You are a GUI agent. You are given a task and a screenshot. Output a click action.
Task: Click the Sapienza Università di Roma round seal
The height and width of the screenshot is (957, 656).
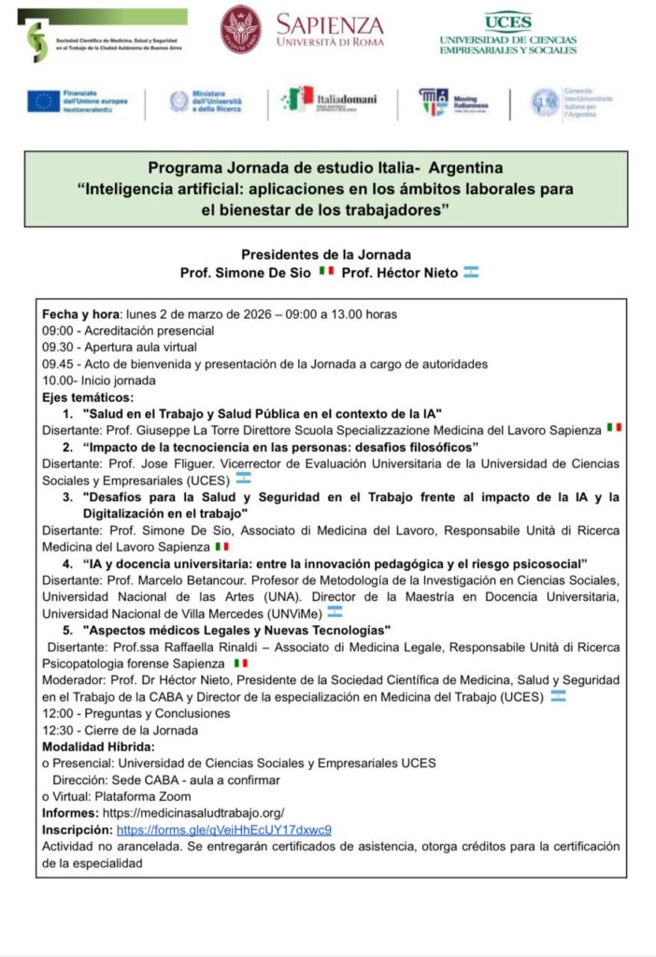(x=241, y=29)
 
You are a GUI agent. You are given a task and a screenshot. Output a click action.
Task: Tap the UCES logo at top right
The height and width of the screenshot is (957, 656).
(x=507, y=33)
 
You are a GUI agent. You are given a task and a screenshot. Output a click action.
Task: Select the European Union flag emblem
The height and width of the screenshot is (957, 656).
(x=43, y=101)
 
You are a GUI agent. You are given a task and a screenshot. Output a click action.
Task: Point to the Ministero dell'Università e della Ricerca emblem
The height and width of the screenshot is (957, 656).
(x=179, y=102)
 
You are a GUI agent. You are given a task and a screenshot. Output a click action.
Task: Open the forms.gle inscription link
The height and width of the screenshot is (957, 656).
(x=224, y=829)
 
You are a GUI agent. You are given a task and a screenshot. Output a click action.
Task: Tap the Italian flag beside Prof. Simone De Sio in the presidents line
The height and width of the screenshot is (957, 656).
(x=326, y=272)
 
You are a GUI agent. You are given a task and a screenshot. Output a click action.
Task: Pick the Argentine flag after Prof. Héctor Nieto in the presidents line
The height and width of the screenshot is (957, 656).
(x=471, y=272)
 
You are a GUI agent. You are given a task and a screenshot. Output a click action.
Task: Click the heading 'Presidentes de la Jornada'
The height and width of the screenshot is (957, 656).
(x=326, y=254)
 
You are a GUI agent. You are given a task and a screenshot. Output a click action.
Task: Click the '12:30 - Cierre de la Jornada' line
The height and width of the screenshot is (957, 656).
(x=120, y=730)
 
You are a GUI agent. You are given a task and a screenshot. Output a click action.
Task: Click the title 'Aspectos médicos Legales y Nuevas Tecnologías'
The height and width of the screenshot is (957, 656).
(x=236, y=630)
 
